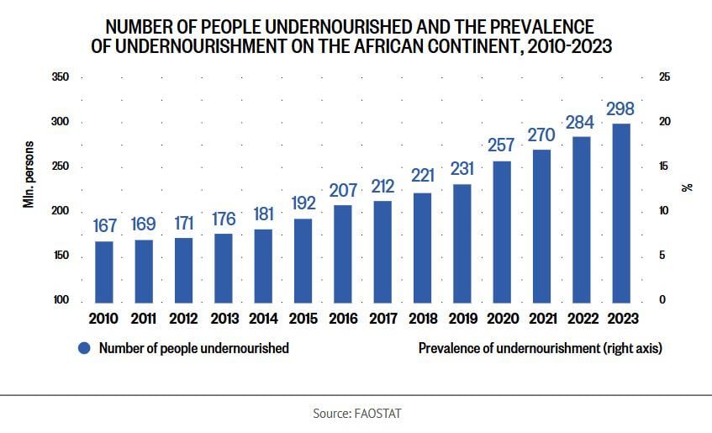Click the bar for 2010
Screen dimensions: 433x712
point(103,271)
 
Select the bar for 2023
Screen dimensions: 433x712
point(621,212)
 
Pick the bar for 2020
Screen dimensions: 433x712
point(502,230)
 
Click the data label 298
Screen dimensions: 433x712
point(620,109)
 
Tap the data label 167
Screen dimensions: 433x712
point(103,227)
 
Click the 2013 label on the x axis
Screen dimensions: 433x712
point(224,319)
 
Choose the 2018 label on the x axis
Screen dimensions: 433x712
point(422,319)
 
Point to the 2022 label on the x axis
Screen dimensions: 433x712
point(581,319)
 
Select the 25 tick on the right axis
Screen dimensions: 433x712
point(665,77)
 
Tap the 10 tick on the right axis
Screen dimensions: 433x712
point(665,211)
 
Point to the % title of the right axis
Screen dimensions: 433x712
point(688,187)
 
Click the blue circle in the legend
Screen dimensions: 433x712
point(83,348)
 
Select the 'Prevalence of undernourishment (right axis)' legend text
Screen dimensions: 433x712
point(540,348)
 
